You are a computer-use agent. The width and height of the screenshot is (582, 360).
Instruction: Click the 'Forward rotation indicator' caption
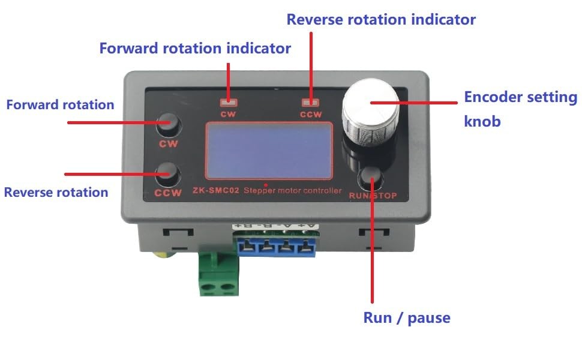click(195, 48)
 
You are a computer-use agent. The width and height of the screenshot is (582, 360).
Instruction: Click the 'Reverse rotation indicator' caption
click(381, 19)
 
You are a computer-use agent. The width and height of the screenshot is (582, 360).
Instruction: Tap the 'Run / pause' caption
click(407, 317)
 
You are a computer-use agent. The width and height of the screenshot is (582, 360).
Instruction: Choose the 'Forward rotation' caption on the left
click(60, 104)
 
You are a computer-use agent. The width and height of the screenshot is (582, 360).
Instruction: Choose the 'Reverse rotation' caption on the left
click(56, 192)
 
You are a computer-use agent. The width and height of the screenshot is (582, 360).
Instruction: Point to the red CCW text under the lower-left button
click(168, 193)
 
